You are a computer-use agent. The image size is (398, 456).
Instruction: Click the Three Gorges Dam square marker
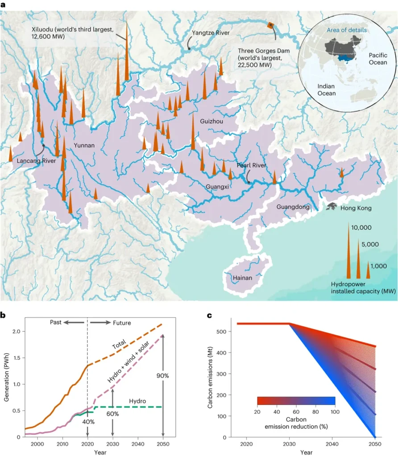(270, 26)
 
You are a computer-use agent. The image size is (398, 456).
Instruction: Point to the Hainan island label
(243, 278)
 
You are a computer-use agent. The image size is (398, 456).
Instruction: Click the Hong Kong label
(356, 208)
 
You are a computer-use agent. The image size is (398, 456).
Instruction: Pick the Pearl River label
(251, 165)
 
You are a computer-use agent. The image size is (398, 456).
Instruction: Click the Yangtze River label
(211, 33)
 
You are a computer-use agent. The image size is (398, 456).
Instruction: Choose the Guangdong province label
(293, 207)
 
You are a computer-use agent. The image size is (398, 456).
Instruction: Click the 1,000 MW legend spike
(368, 270)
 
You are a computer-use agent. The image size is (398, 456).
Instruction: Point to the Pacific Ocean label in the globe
(377, 58)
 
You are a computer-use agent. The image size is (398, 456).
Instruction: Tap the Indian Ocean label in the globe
(327, 90)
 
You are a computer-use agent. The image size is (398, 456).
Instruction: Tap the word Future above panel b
(122, 322)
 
